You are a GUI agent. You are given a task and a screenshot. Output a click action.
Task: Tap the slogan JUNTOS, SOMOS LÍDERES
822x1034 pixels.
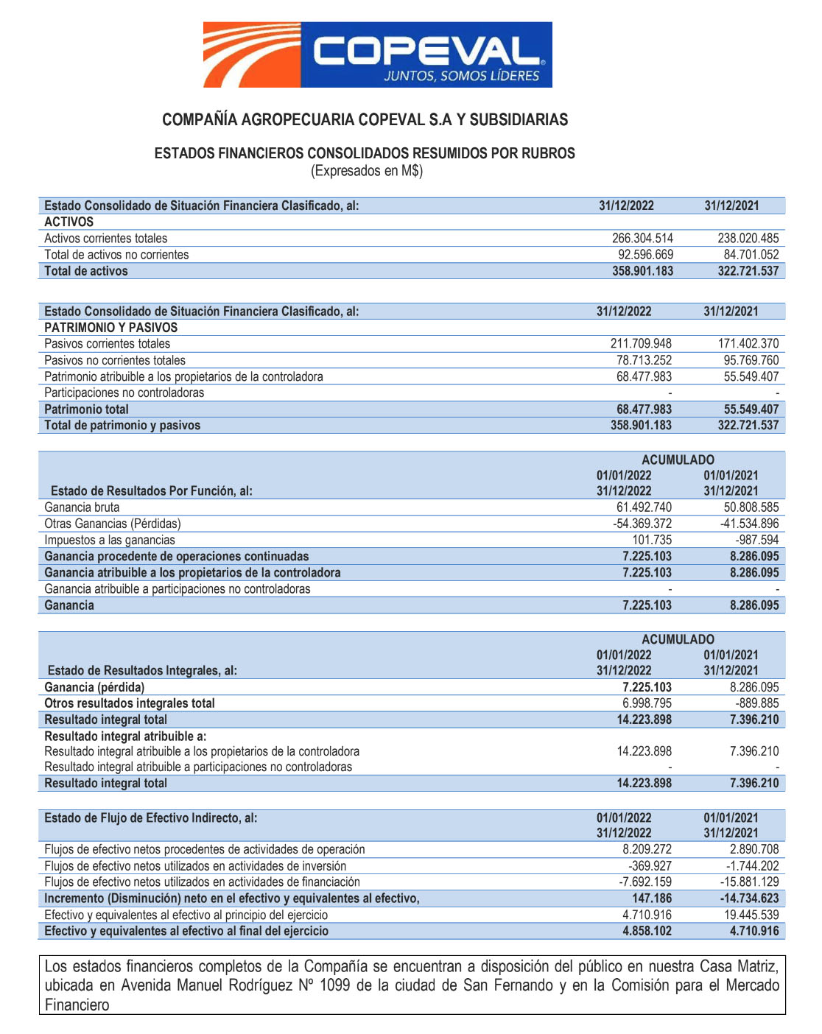coord(461,76)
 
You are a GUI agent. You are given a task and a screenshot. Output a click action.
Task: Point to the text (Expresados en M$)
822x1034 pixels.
coord(366,171)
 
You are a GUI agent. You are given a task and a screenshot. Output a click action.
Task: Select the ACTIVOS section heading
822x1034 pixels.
coord(69,222)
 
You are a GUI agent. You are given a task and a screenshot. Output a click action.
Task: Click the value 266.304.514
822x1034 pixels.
coord(642,238)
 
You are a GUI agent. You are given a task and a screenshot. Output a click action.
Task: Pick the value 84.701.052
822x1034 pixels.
coord(751,254)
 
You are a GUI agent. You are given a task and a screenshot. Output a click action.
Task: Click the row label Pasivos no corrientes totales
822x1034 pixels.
coord(115,360)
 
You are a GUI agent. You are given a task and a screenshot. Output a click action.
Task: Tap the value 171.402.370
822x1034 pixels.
coord(748,343)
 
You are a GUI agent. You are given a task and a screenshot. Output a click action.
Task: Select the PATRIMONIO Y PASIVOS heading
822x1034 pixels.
coord(111,327)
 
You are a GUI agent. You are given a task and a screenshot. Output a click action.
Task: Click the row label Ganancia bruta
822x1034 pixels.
coord(82,507)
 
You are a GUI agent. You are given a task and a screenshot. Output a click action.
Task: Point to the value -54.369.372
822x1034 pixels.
coord(642,524)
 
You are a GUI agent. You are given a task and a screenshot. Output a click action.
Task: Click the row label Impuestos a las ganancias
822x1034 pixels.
coord(110,540)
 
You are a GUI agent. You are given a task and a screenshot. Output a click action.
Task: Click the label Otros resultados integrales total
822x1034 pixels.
coord(130,703)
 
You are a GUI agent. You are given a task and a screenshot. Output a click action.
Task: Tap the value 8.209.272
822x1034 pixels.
coord(647,849)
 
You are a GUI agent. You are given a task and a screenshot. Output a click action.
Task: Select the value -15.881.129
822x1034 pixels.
coord(749,882)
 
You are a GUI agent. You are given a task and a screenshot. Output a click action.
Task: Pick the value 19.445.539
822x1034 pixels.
coord(751,915)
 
